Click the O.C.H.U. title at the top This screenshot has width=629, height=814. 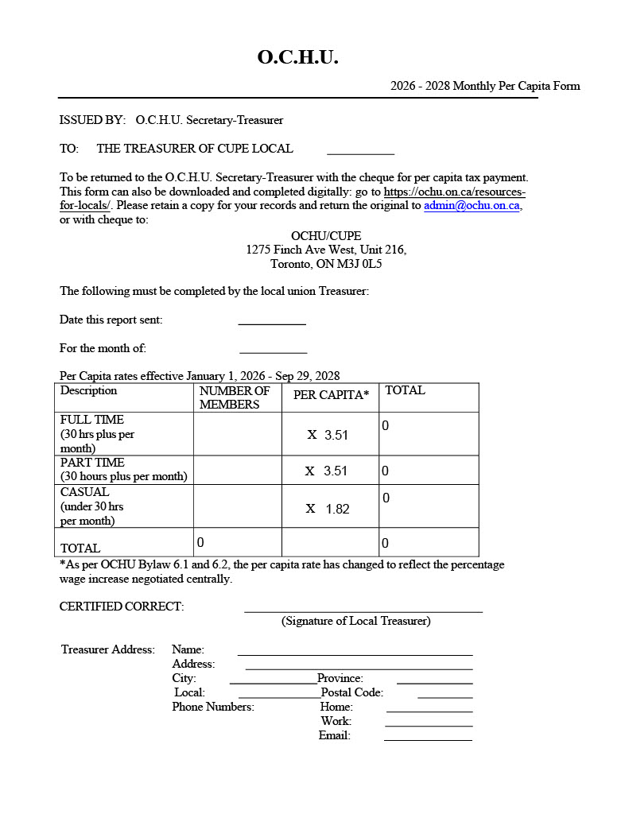(297, 57)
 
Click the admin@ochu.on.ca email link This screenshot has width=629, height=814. (472, 205)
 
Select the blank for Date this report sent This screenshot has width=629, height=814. (272, 321)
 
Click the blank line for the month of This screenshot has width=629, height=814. (273, 350)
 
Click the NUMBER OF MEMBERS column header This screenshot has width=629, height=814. (235, 397)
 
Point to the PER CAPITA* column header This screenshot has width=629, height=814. (331, 395)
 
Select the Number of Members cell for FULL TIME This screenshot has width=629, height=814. (237, 434)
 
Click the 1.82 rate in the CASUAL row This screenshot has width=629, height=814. (337, 509)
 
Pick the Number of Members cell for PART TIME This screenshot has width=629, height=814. (237, 471)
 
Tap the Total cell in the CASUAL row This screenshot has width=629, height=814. (428, 506)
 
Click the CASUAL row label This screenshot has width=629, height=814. (85, 492)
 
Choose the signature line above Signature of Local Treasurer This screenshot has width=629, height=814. (363, 610)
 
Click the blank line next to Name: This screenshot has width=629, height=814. (355, 653)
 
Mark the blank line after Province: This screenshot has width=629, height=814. (434, 681)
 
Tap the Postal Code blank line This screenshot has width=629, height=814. (445, 696)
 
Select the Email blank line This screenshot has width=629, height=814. (428, 738)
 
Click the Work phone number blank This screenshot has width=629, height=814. (429, 724)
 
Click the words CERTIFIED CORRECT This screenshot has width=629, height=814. (122, 607)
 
